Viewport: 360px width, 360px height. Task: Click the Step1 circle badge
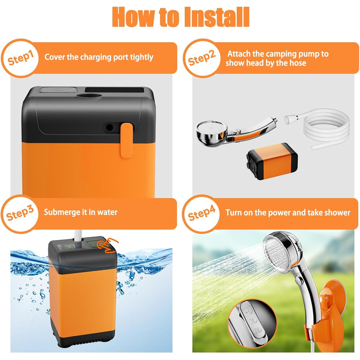click(x=20, y=58)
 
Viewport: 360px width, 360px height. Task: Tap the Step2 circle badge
click(x=202, y=58)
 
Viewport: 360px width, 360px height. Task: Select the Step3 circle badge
click(x=20, y=214)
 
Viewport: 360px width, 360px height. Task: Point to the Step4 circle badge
click(x=202, y=214)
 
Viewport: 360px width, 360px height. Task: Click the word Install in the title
click(x=217, y=17)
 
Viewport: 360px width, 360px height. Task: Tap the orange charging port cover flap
click(x=127, y=140)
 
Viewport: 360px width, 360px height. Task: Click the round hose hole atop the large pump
click(x=89, y=96)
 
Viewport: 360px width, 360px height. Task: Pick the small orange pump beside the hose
click(x=272, y=161)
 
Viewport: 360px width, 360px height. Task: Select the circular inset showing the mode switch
click(x=252, y=322)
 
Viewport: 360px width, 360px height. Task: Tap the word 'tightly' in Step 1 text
click(x=141, y=58)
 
